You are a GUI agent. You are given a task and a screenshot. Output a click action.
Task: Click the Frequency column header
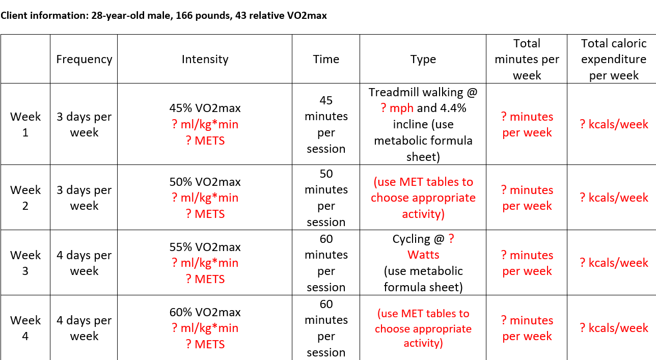click(x=84, y=59)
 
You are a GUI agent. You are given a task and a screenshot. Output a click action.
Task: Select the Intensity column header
click(x=205, y=59)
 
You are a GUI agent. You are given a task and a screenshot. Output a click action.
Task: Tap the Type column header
click(x=423, y=59)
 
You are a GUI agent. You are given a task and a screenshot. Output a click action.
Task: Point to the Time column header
click(x=326, y=59)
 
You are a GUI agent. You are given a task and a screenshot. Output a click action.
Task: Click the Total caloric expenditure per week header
click(x=613, y=59)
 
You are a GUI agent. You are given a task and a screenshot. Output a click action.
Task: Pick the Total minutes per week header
click(x=527, y=59)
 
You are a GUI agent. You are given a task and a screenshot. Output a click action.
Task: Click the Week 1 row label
click(x=25, y=124)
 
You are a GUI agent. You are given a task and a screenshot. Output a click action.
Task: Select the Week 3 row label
click(x=25, y=263)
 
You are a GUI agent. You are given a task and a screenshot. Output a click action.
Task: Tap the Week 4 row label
click(x=25, y=328)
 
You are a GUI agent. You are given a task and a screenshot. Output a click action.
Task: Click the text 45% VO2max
click(x=205, y=108)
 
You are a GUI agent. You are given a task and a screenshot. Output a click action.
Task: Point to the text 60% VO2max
click(x=205, y=312)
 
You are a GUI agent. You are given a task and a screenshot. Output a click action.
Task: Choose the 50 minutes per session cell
click(x=326, y=198)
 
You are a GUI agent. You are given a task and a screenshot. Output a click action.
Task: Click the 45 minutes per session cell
click(x=326, y=124)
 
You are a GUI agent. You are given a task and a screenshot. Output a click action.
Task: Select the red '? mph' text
click(x=397, y=108)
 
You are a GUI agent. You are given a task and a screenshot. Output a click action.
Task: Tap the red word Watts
click(x=423, y=255)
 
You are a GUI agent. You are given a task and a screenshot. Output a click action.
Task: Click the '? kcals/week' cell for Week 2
click(x=614, y=198)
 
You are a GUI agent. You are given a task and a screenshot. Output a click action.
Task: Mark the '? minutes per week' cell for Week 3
click(x=527, y=263)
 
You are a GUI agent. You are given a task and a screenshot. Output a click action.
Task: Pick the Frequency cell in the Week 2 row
click(x=84, y=198)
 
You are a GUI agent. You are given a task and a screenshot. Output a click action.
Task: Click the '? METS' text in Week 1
click(x=205, y=141)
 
